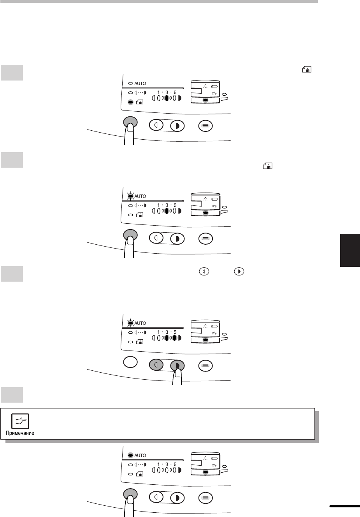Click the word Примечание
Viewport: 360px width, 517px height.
(x=20, y=433)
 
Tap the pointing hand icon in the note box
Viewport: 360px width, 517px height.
(x=20, y=421)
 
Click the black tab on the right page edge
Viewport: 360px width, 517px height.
(x=350, y=250)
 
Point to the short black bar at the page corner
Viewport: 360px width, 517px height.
(x=344, y=506)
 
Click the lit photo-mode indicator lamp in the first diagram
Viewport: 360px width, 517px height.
(x=130, y=102)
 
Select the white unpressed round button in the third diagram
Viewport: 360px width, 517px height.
(x=130, y=362)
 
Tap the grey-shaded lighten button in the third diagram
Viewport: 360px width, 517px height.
(x=156, y=365)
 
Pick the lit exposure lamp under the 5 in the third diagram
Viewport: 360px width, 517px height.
(x=175, y=338)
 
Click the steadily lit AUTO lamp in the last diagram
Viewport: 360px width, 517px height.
(x=130, y=456)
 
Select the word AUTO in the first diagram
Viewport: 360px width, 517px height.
(x=140, y=83)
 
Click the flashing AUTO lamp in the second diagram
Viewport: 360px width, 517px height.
(x=130, y=196)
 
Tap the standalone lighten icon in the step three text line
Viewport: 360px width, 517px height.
(x=204, y=272)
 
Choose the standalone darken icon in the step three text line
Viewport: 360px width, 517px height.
(x=239, y=272)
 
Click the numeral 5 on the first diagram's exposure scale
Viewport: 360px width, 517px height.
(x=175, y=93)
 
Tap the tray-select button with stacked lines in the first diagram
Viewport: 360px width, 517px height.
(x=205, y=126)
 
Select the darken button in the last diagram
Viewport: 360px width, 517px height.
(x=177, y=498)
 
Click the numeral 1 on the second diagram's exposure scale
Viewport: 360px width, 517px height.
(x=159, y=205)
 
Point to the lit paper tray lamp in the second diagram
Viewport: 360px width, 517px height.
(x=205, y=213)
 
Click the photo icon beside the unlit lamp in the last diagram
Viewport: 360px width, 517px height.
(x=139, y=474)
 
